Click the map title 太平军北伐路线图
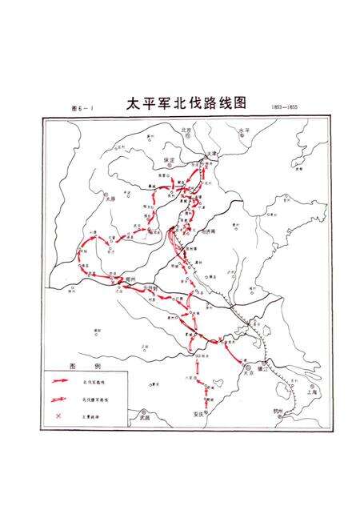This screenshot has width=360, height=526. pyautogui.click(x=186, y=105)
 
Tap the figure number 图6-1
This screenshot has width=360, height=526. pyautogui.click(x=82, y=107)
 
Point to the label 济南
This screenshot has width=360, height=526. pyautogui.click(x=210, y=231)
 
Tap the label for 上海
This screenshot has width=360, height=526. pyautogui.click(x=311, y=391)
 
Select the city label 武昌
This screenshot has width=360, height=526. pyautogui.click(x=145, y=416)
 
